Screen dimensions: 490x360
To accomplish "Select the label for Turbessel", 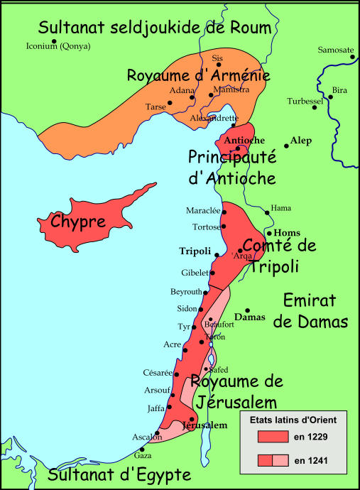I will click(305, 102).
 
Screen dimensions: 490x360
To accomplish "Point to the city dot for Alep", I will click(286, 146).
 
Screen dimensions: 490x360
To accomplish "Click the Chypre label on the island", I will click(78, 221).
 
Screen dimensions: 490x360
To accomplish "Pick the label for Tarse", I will click(156, 107).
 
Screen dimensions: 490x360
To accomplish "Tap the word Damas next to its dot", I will click(249, 317).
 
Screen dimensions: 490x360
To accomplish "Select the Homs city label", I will click(287, 232).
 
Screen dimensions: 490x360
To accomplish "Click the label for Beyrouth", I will click(187, 292).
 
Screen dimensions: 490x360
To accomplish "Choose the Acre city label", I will click(173, 344).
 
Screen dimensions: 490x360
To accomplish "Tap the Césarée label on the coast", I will click(157, 374).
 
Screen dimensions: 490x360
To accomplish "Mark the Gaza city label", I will click(142, 456).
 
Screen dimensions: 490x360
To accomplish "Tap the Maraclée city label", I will click(202, 212).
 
